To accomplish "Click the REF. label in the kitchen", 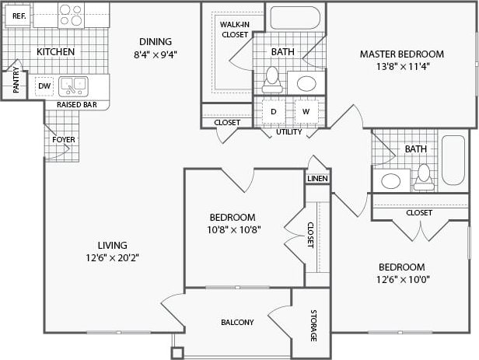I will coord(19,15).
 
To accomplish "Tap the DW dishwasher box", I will coord(45,86).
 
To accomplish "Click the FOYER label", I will coord(63,140).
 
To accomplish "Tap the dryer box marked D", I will coord(274,111).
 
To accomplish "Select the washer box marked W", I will coord(306,111).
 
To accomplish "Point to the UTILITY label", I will coord(289,131).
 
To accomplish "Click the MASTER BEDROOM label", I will coord(401,54).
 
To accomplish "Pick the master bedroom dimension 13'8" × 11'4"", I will coord(401,66).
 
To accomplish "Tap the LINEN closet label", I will coord(317,179).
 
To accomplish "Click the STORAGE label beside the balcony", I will coord(313,326).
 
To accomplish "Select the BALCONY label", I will coord(237,322).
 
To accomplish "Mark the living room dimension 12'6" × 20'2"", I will coord(113,257).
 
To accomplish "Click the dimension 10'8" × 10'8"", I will coord(233,229).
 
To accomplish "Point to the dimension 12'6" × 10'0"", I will coord(402,279).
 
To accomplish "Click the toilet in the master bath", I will coord(272,76).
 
